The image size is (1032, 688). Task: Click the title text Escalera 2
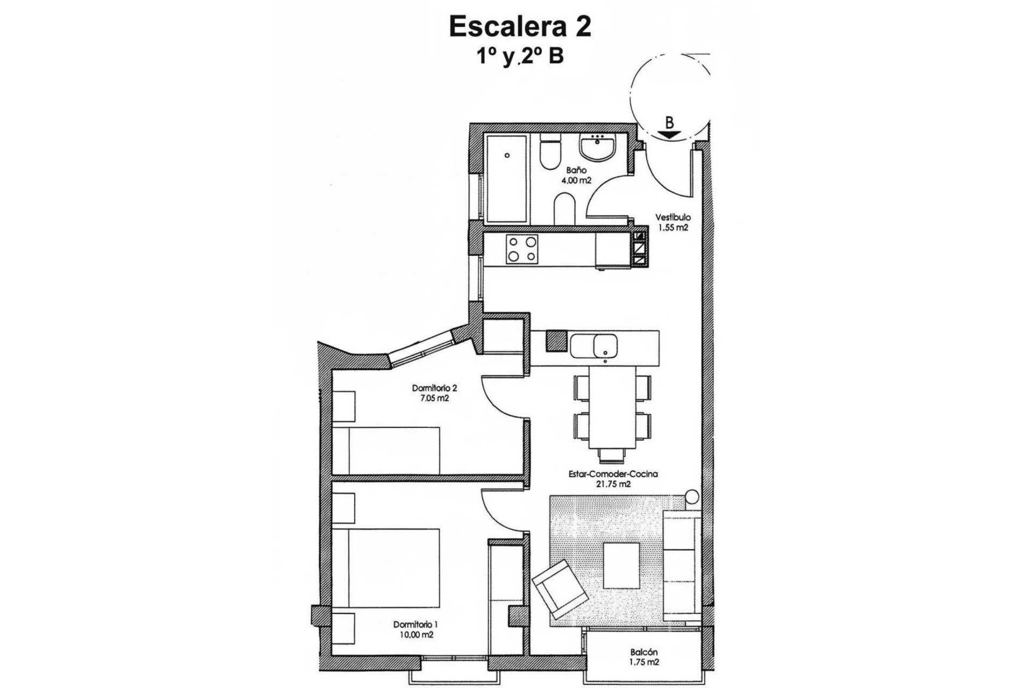520,27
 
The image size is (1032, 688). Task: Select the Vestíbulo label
672,218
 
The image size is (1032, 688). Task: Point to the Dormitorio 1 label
415,625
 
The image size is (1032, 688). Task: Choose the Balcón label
644,653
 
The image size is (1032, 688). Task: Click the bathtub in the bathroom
508,178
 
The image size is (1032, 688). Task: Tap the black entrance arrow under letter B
669,135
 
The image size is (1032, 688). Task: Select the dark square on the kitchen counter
556,341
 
